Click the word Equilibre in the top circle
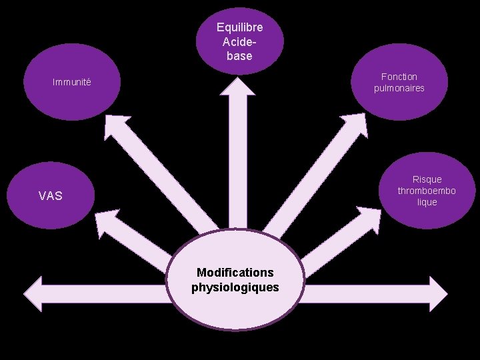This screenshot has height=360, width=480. pos(239,27)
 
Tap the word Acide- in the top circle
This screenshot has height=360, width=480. pos(239,42)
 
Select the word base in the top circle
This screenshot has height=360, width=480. pos(239,56)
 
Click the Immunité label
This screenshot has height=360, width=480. pos(72,83)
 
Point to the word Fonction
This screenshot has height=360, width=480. pos(399,77)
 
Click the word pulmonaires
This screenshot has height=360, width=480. pos(399,88)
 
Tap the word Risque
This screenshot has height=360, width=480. pos(427,179)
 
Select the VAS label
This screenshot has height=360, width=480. pos(51,196)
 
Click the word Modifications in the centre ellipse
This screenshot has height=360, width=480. pos(235,273)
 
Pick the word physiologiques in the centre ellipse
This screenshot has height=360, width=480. pos(235,287)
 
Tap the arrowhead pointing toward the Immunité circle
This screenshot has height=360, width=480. pos(115,125)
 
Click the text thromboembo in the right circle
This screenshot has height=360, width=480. pos(427,191)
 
